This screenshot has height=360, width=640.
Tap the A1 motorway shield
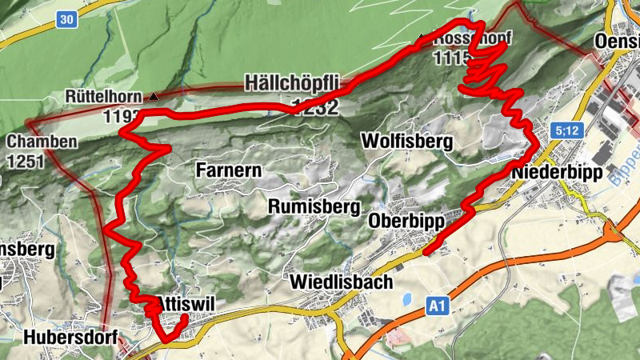(436, 305)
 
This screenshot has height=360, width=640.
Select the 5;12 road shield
(564, 130)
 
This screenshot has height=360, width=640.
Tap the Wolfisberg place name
(407, 142)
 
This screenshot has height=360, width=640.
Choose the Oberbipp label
(406, 220)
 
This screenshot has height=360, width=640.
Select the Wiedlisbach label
(342, 282)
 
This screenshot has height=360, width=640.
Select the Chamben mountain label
(42, 142)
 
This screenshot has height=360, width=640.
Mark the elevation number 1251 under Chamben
(23, 161)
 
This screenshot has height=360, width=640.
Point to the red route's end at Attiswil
(185, 317)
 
